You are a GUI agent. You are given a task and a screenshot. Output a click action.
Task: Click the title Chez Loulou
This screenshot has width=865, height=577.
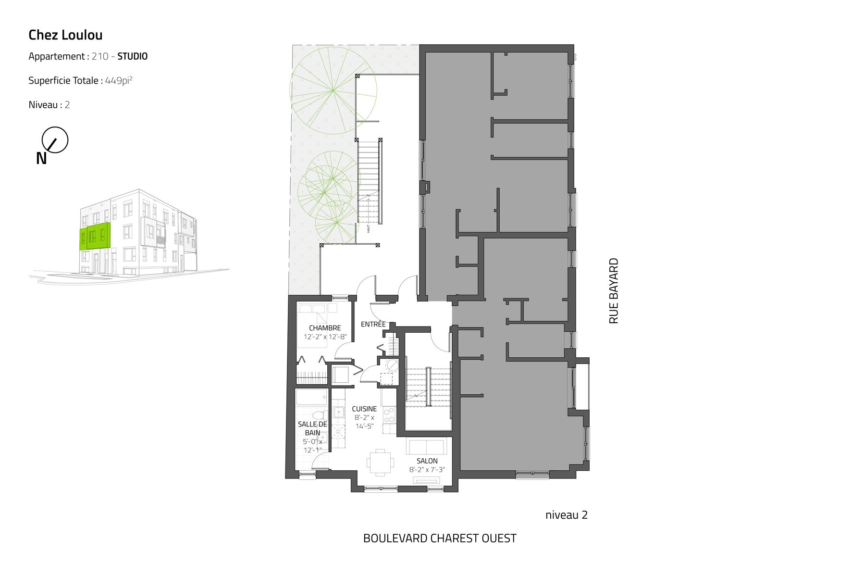pos(65,35)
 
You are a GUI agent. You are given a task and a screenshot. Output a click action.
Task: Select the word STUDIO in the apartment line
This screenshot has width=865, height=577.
pos(133,56)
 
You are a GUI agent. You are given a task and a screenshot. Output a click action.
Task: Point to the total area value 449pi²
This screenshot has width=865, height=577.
pos(119,80)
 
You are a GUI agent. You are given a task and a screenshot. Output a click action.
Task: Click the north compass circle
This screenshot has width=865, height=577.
pos(55,140)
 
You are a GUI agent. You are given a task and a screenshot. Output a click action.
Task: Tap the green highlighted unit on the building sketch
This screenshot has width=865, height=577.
pos(95,236)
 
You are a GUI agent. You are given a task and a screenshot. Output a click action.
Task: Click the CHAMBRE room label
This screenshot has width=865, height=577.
pos(325,328)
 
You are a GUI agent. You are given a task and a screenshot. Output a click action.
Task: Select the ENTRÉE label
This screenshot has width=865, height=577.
pos(373,324)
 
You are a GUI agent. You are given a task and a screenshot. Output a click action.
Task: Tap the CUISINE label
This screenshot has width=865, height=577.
pos(364,409)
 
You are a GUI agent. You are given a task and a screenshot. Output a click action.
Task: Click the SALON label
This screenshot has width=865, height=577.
pos(427,461)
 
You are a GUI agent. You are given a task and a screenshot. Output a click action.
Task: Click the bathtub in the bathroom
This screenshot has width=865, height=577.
pos(312,397)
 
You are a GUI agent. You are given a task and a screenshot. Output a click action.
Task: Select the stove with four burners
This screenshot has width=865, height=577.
pos(389,415)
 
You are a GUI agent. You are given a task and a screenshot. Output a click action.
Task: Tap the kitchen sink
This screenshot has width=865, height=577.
pos(339,412)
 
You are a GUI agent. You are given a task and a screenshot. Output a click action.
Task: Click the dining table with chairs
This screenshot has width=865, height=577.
pos(380,463)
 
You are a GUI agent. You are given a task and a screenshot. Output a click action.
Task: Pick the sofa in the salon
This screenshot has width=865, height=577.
pos(426,446)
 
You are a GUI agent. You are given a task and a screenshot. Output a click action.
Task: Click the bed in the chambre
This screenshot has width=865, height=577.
pos(312,325)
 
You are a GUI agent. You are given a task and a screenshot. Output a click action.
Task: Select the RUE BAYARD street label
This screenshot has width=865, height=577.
pos(614,291)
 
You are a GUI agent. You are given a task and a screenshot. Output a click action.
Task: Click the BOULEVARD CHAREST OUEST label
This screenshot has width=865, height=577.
pos(440,538)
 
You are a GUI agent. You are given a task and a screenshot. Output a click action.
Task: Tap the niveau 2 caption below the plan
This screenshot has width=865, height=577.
pos(567,515)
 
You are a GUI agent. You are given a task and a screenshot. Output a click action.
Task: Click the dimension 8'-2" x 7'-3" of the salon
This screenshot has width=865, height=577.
pos(427,470)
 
